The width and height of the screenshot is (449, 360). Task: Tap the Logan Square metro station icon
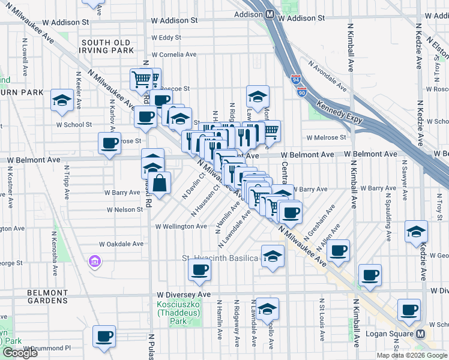421,334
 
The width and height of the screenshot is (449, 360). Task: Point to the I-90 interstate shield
301,92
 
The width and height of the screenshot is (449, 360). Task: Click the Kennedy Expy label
338,107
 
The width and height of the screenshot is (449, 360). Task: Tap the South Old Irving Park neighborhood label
107,46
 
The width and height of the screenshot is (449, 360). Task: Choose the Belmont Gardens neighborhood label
47,296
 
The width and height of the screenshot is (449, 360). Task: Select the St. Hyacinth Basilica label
220,258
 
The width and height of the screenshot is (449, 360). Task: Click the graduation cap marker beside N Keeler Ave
62,100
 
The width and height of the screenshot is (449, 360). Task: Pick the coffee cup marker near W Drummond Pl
104,336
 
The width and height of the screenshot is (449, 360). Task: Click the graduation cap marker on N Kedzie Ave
416,232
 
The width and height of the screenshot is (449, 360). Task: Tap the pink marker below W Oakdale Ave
94,262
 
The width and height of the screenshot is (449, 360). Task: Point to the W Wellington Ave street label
181,227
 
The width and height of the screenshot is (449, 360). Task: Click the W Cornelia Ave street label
174,54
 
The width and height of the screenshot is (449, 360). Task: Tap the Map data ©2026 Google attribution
411,355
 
